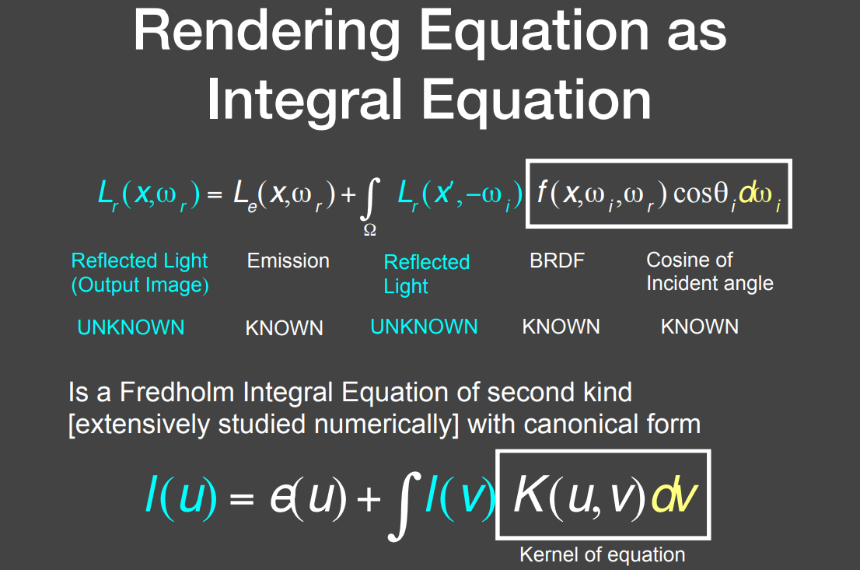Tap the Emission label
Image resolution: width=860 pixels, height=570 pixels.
pyautogui.click(x=288, y=261)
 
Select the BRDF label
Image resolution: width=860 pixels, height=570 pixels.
pyautogui.click(x=557, y=261)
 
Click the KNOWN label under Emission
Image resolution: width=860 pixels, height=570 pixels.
pyautogui.click(x=284, y=328)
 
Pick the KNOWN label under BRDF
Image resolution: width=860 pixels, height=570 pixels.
pyautogui.click(x=561, y=327)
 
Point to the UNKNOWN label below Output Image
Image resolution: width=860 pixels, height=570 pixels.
pyautogui.click(x=131, y=327)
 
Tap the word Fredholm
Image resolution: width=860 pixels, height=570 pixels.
pyautogui.click(x=178, y=392)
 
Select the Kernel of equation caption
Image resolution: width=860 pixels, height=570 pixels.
pyautogui.click(x=602, y=554)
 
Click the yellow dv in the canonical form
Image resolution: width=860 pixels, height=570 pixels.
pyautogui.click(x=674, y=496)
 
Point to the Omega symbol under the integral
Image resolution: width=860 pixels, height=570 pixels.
pyautogui.click(x=369, y=230)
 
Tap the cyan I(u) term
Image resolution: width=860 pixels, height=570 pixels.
pyautogui.click(x=181, y=496)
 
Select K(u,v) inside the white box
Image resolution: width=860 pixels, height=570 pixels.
pyautogui.click(x=579, y=496)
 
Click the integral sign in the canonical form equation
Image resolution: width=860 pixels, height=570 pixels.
pyautogui.click(x=404, y=505)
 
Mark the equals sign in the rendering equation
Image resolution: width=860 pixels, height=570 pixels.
pyautogui.click(x=215, y=194)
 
